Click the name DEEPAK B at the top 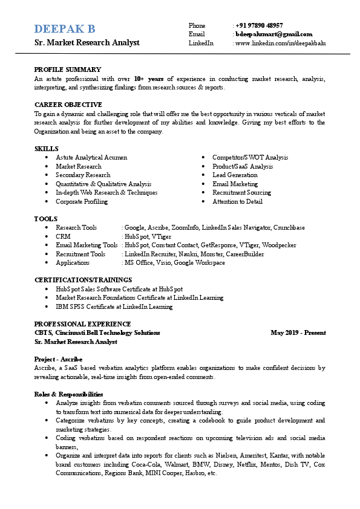pyautogui.click(x=65, y=29)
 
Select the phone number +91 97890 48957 pyautogui.click(x=260, y=25)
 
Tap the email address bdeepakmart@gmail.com pyautogui.click(x=274, y=34)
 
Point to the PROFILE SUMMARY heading pyautogui.click(x=67, y=70)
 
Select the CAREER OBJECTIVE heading pyautogui.click(x=68, y=105)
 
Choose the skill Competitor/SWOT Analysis pyautogui.click(x=250, y=157)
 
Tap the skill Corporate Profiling pyautogui.click(x=82, y=201)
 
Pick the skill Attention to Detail pyautogui.click(x=237, y=201)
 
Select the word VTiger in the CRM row pyautogui.click(x=161, y=236)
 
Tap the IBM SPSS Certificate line pyautogui.click(x=114, y=306)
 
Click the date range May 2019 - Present pyautogui.click(x=298, y=332)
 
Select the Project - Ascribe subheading pyautogui.click(x=58, y=359)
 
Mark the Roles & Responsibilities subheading pyautogui.click(x=68, y=394)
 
